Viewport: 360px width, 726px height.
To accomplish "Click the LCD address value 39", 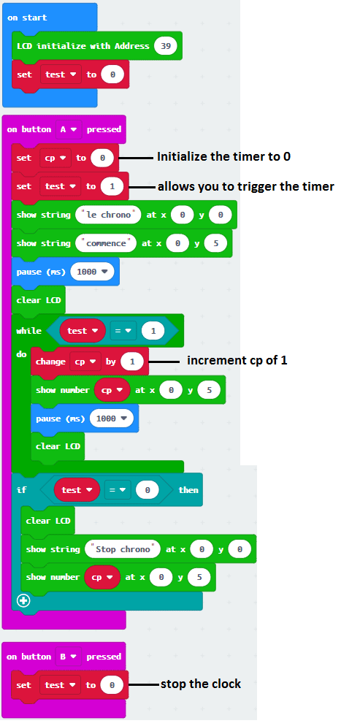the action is (x=166, y=46).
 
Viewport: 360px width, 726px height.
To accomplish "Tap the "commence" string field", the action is (x=106, y=243).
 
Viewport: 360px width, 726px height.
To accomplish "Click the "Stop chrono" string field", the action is (x=123, y=549).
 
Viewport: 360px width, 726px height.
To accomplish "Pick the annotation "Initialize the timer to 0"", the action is (x=224, y=157).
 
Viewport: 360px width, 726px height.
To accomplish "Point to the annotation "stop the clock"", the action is (x=201, y=684).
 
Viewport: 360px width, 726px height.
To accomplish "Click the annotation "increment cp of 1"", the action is (x=237, y=360).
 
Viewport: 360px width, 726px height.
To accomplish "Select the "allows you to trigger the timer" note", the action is (x=245, y=186).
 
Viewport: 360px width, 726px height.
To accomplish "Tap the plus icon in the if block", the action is (x=23, y=600).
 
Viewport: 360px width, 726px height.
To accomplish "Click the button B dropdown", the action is (x=69, y=657).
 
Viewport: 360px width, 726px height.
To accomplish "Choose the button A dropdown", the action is (x=69, y=129).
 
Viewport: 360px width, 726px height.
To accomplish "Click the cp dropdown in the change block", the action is (x=85, y=362).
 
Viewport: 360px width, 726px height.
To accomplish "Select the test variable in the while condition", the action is (x=83, y=331).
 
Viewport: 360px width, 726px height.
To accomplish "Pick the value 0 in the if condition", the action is (x=148, y=490).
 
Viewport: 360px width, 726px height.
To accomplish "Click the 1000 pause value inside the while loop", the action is (x=112, y=419).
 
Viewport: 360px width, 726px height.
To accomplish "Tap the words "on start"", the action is (x=27, y=18).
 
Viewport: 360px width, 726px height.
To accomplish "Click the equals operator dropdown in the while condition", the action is (x=123, y=331).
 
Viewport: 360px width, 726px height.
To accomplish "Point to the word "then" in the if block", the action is (x=188, y=490).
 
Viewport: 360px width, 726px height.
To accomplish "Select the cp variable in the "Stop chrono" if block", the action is (x=102, y=578).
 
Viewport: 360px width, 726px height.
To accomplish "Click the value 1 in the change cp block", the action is (x=132, y=362).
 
